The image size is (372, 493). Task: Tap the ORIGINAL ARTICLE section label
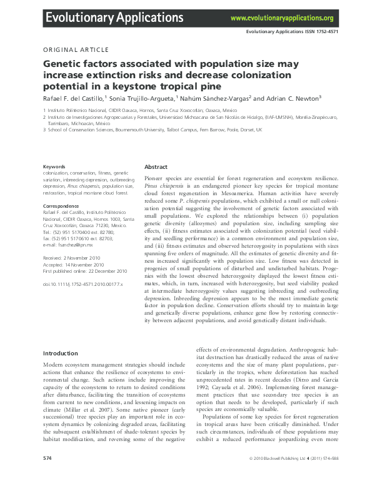click(76, 49)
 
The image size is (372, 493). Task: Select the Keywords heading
click(53, 166)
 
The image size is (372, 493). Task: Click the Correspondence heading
click(60, 206)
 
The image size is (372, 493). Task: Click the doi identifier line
click(83, 284)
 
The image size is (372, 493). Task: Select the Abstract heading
click(156, 167)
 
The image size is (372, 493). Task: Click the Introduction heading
click(61, 353)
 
